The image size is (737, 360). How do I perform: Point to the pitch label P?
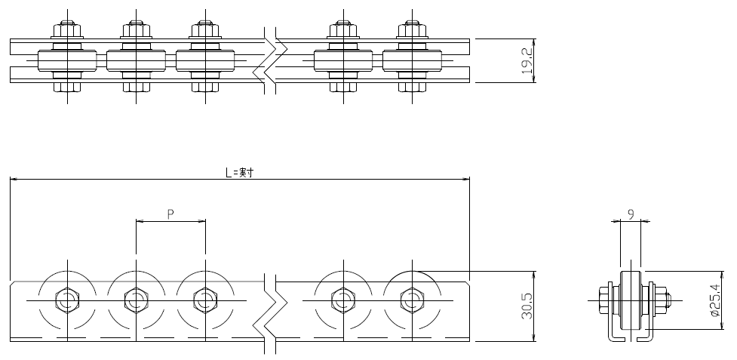click(170, 214)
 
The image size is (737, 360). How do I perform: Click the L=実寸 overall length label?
click(240, 172)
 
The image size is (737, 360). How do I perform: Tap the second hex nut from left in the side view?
click(137, 300)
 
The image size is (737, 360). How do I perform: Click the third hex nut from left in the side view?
click(205, 300)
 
